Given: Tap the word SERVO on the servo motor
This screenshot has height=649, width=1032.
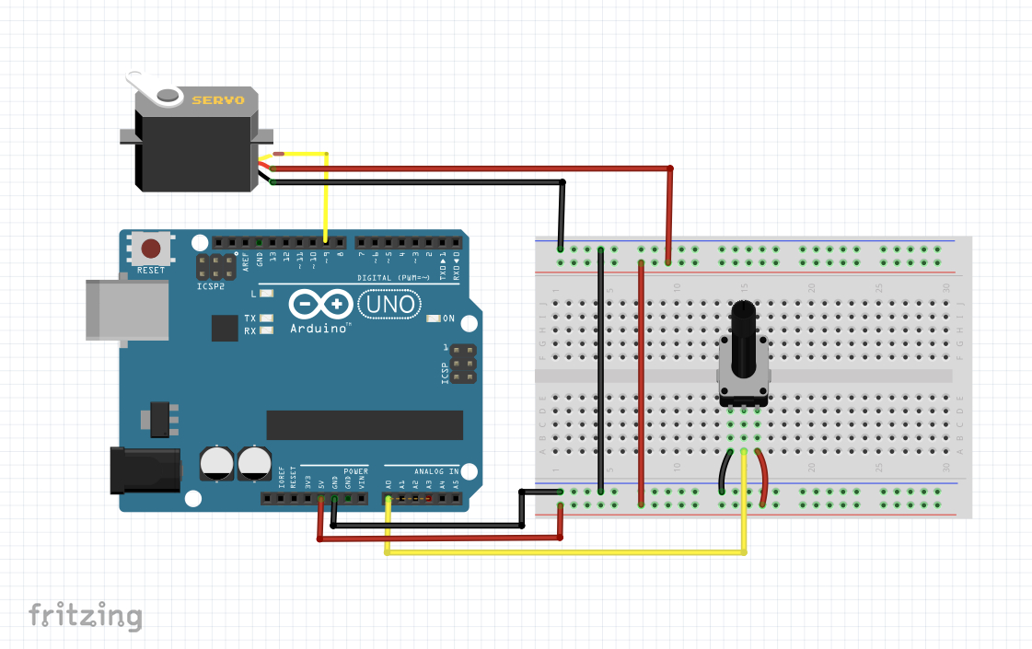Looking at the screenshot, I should pos(217,99).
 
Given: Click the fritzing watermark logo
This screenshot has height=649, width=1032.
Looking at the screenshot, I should pos(85,615).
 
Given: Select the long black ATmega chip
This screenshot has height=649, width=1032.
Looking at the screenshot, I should pos(365,425).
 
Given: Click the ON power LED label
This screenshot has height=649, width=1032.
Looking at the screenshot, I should pos(448,319).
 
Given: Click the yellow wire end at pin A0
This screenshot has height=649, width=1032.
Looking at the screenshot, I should pos(388,500).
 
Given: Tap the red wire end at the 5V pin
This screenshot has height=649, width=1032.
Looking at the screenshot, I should pos(320,500).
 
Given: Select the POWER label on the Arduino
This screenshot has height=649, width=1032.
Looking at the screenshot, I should pos(355,471).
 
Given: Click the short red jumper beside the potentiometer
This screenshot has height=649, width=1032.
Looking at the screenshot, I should pos(763,477).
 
